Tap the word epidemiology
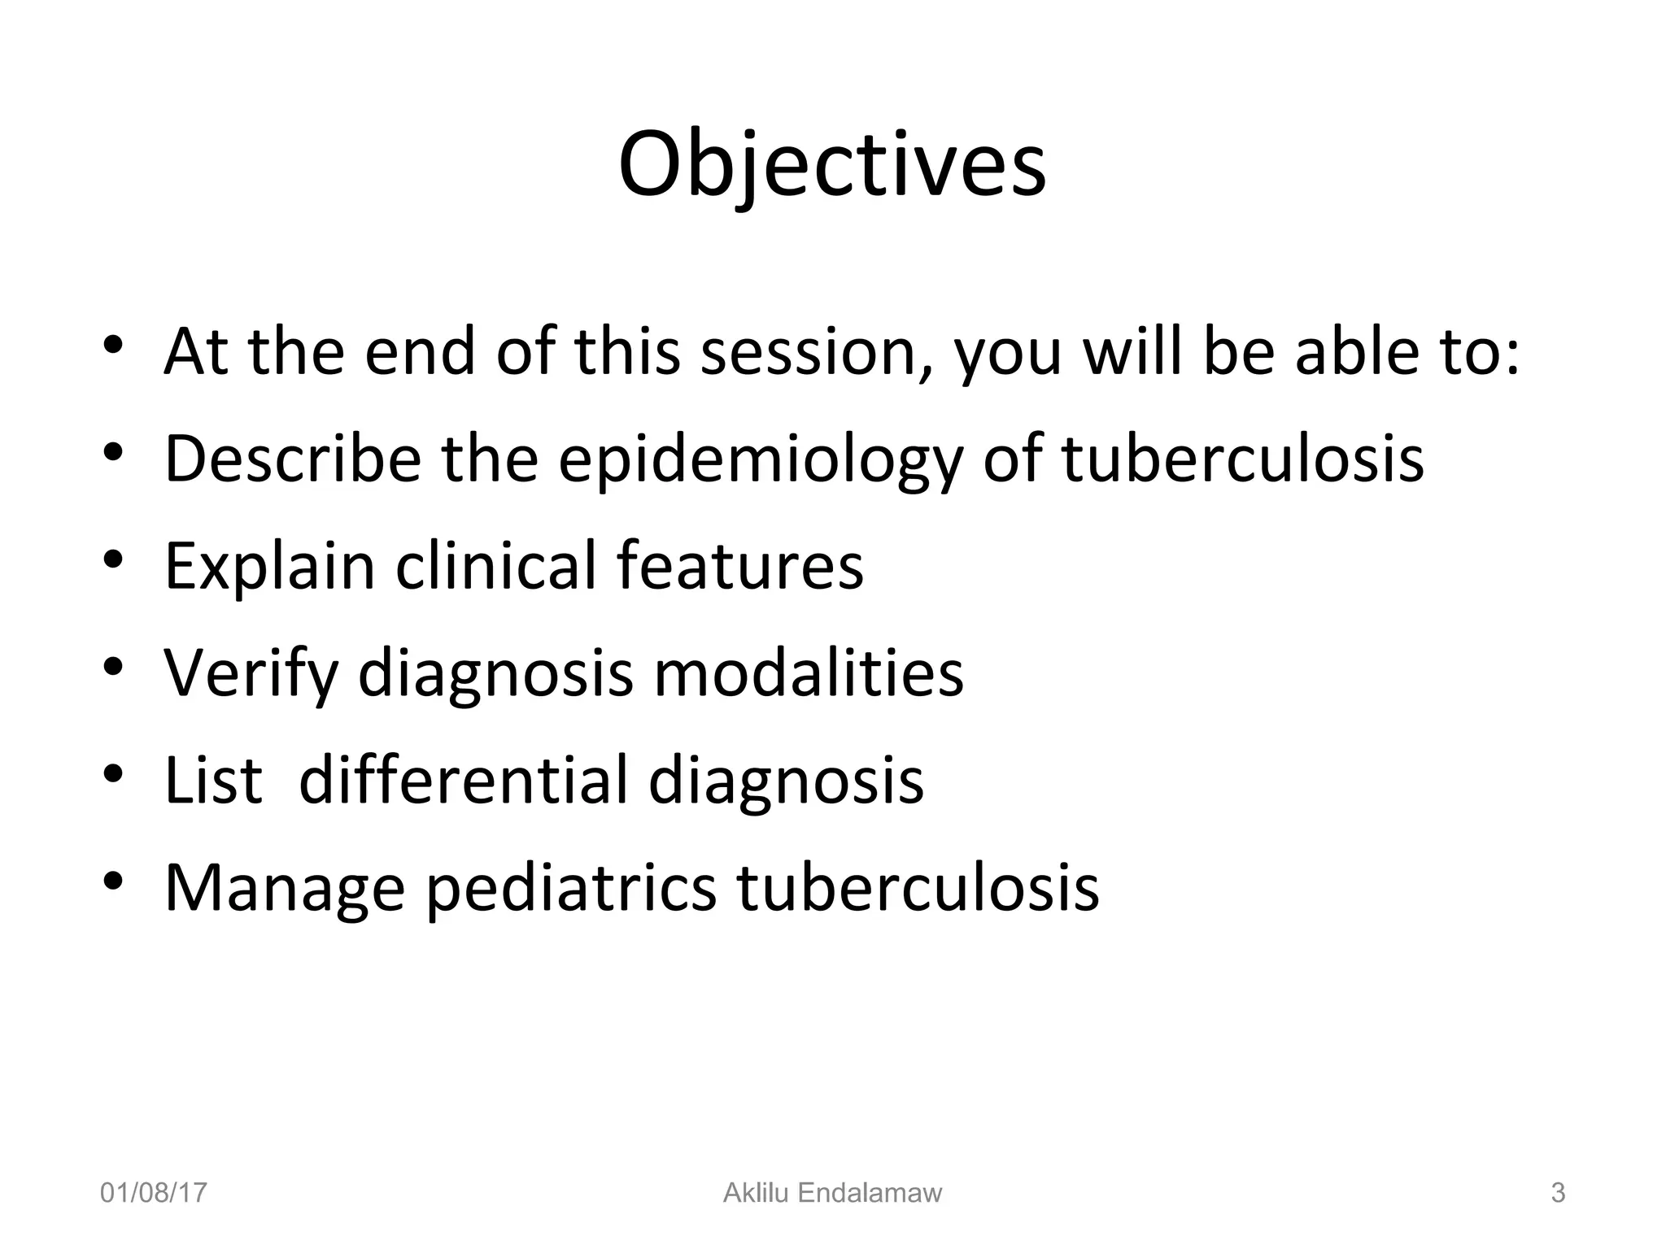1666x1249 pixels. tap(760, 460)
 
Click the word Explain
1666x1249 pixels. tap(270, 567)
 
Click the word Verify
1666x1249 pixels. tap(251, 674)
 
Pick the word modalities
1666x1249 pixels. tap(809, 673)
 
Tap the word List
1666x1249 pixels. tap(214, 780)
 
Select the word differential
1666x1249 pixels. tap(463, 780)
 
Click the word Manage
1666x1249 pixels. tap(284, 889)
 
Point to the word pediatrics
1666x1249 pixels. tap(571, 889)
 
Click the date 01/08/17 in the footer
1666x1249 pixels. tap(154, 1193)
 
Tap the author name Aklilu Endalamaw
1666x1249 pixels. tap(832, 1193)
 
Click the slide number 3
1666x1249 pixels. tap(1558, 1193)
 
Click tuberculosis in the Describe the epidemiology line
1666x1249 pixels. tap(1243, 459)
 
